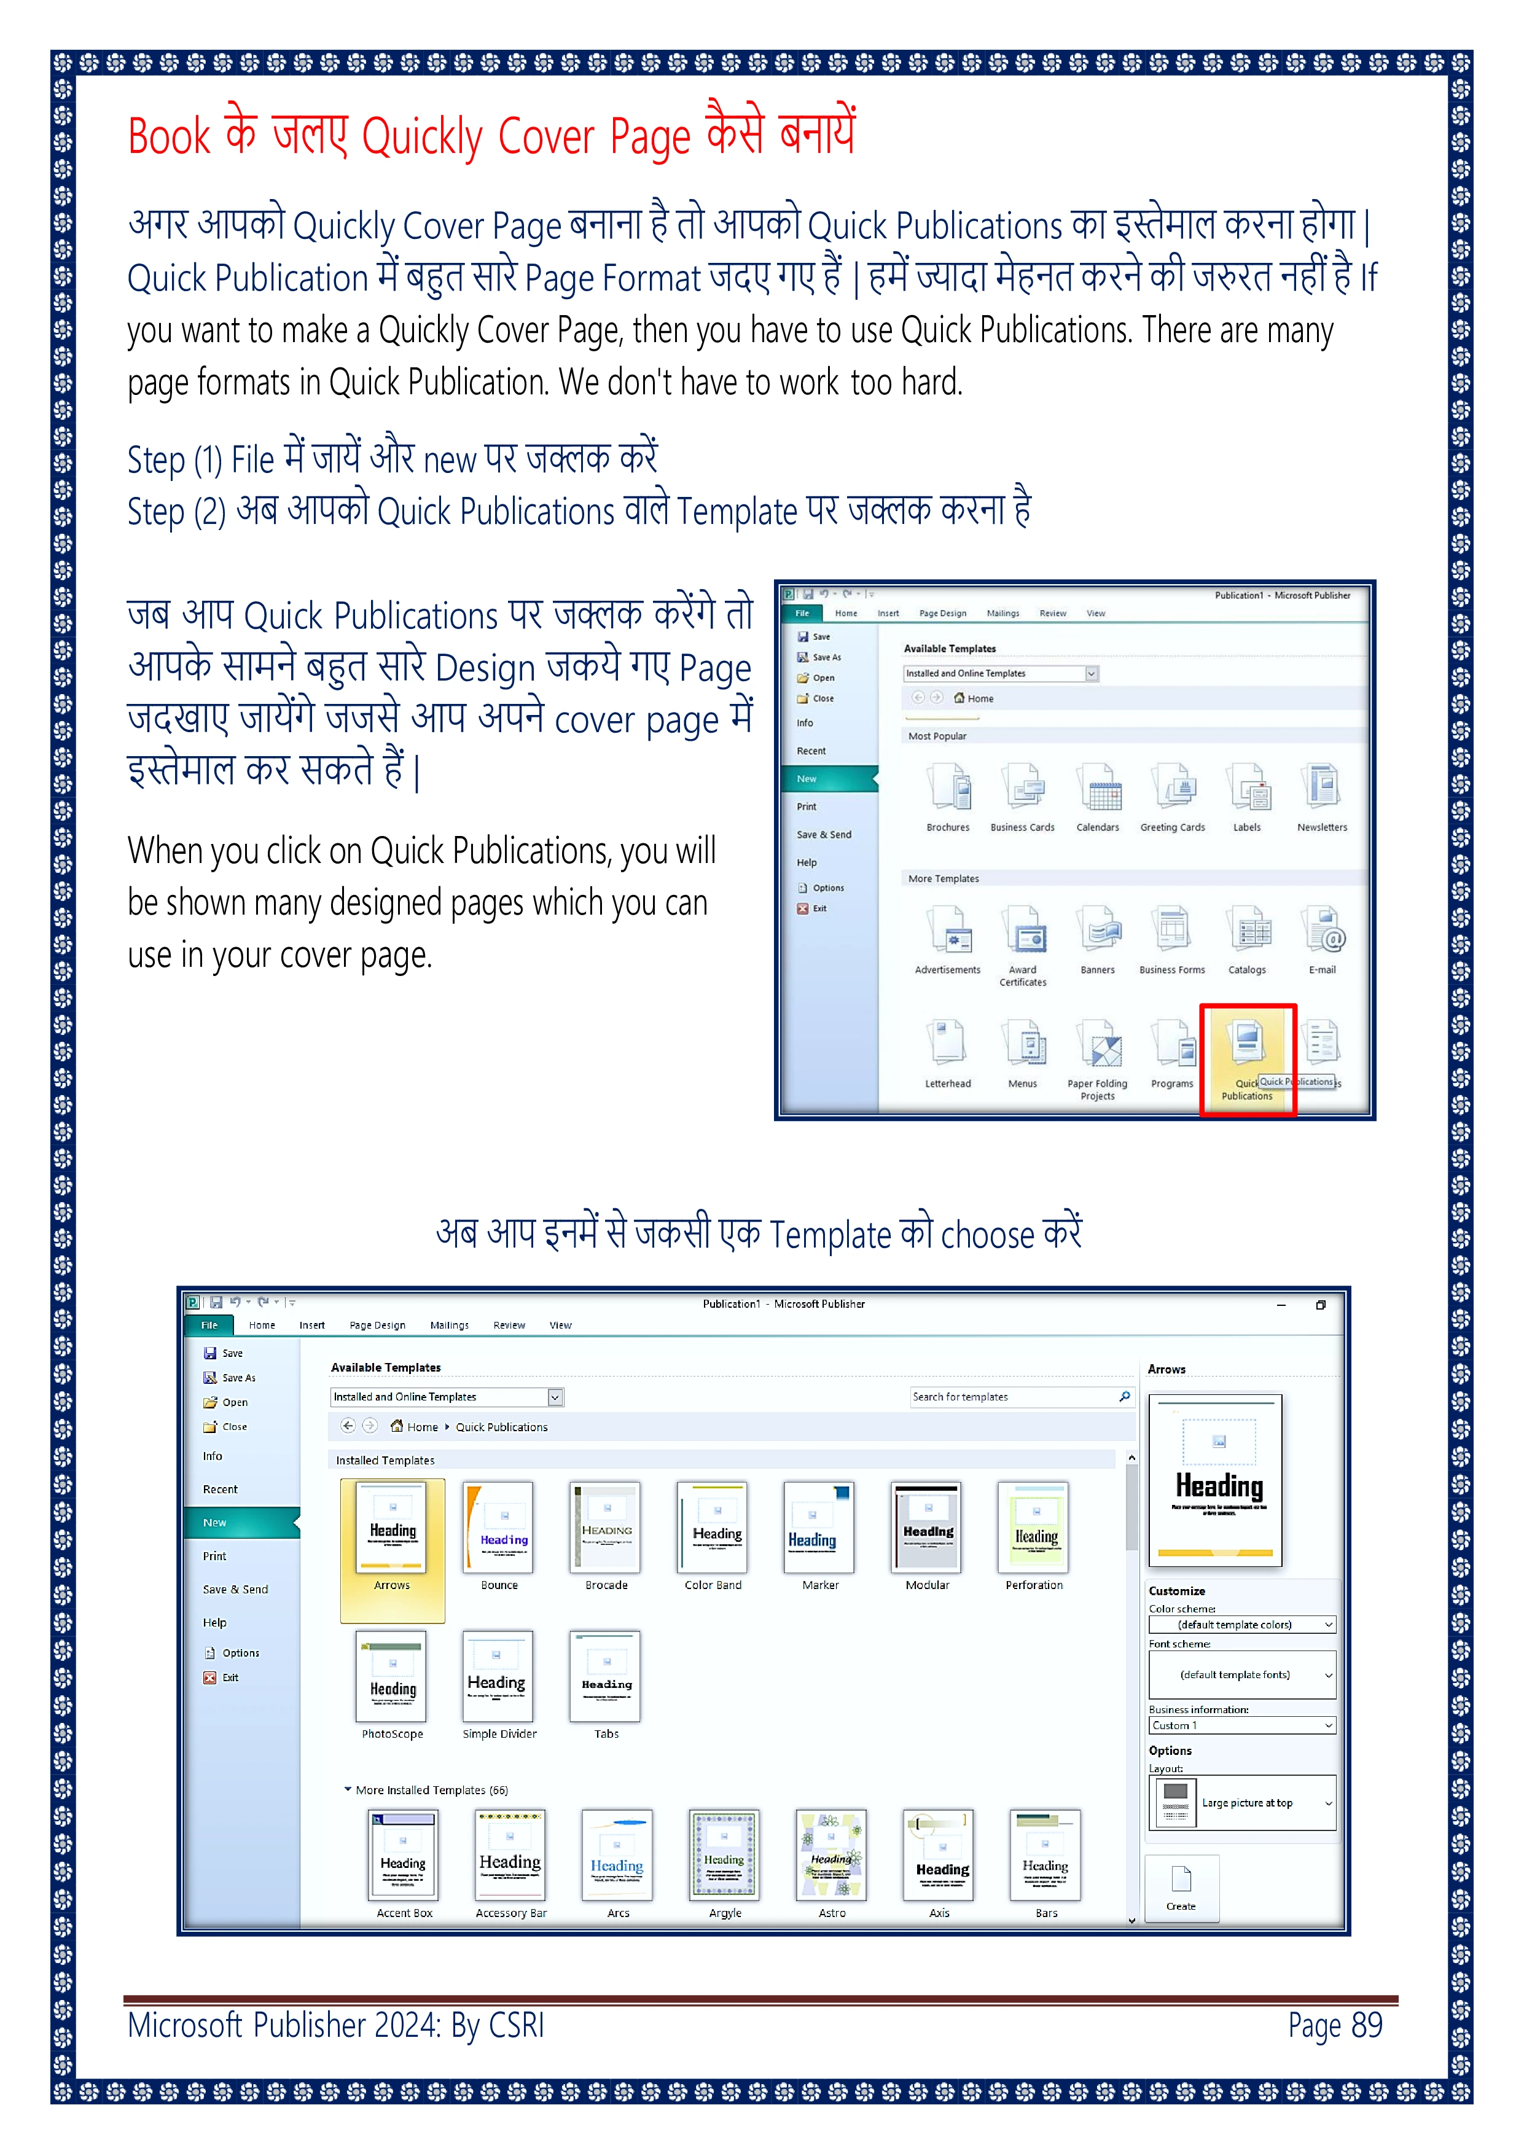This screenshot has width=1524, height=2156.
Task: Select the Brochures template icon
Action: pos(948,787)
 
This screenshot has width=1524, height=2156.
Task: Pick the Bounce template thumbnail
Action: pos(499,1527)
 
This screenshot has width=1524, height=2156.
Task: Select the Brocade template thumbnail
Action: pos(606,1527)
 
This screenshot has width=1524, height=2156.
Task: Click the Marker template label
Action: pos(820,1585)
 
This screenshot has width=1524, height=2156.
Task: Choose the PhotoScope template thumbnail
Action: pos(391,1676)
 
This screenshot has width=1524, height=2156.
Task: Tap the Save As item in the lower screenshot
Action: pos(238,1378)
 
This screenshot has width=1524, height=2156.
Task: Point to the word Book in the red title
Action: pos(169,137)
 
